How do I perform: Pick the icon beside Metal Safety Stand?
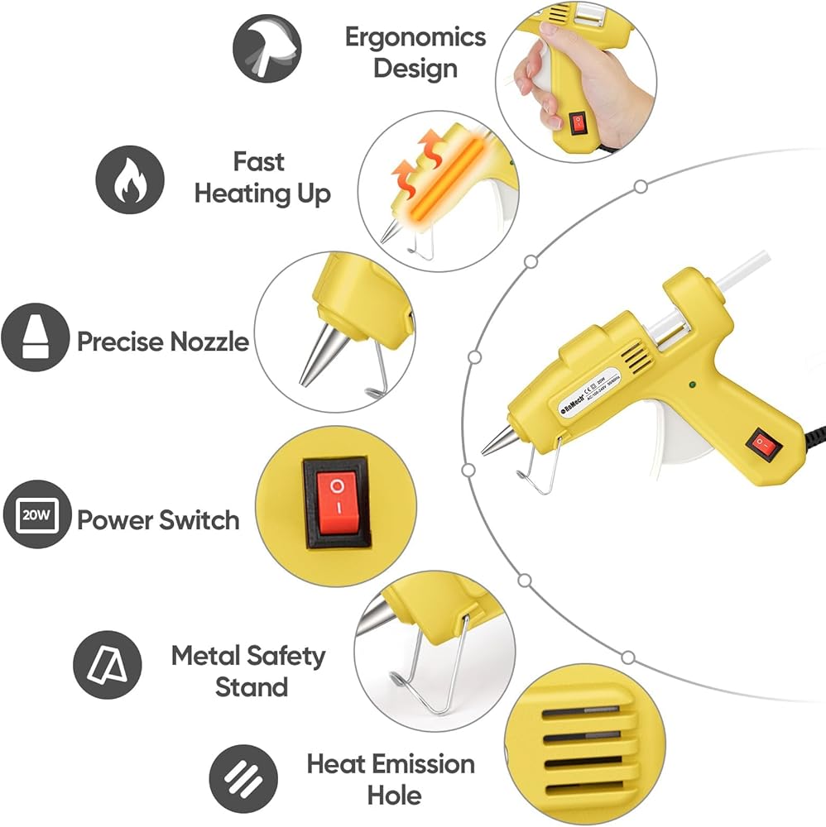[x=108, y=665]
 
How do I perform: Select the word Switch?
[x=200, y=520]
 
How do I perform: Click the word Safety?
[x=286, y=657]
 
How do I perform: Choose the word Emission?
[x=422, y=763]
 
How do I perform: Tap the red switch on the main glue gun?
[x=763, y=445]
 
